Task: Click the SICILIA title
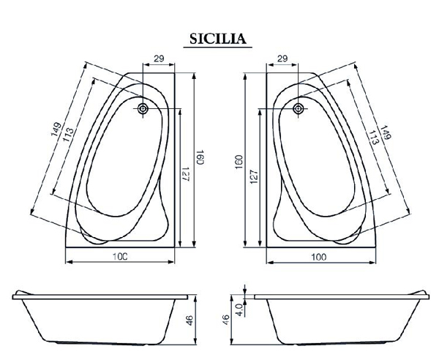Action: [x=218, y=39]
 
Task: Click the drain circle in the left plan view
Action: [x=143, y=108]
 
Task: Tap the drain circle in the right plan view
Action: [x=299, y=108]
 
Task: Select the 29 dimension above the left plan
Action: [x=159, y=59]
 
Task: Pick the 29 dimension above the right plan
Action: [x=282, y=59]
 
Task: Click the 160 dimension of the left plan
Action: [x=199, y=157]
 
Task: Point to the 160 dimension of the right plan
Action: [x=239, y=162]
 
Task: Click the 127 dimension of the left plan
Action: [x=185, y=174]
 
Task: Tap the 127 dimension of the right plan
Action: [x=254, y=176]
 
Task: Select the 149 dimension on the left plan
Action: [x=56, y=129]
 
